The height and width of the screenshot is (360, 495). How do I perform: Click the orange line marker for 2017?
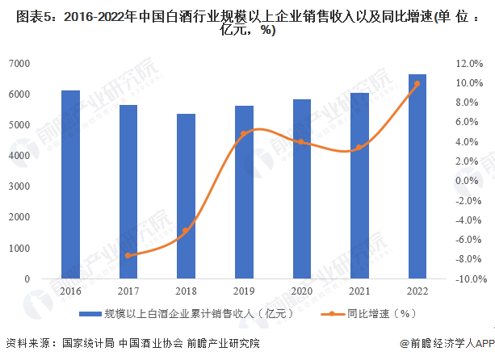click(128, 255)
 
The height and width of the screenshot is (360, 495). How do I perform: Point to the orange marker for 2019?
click(243, 134)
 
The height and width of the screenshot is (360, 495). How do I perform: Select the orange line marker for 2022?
click(417, 83)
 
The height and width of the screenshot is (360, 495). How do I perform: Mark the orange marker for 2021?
click(359, 147)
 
